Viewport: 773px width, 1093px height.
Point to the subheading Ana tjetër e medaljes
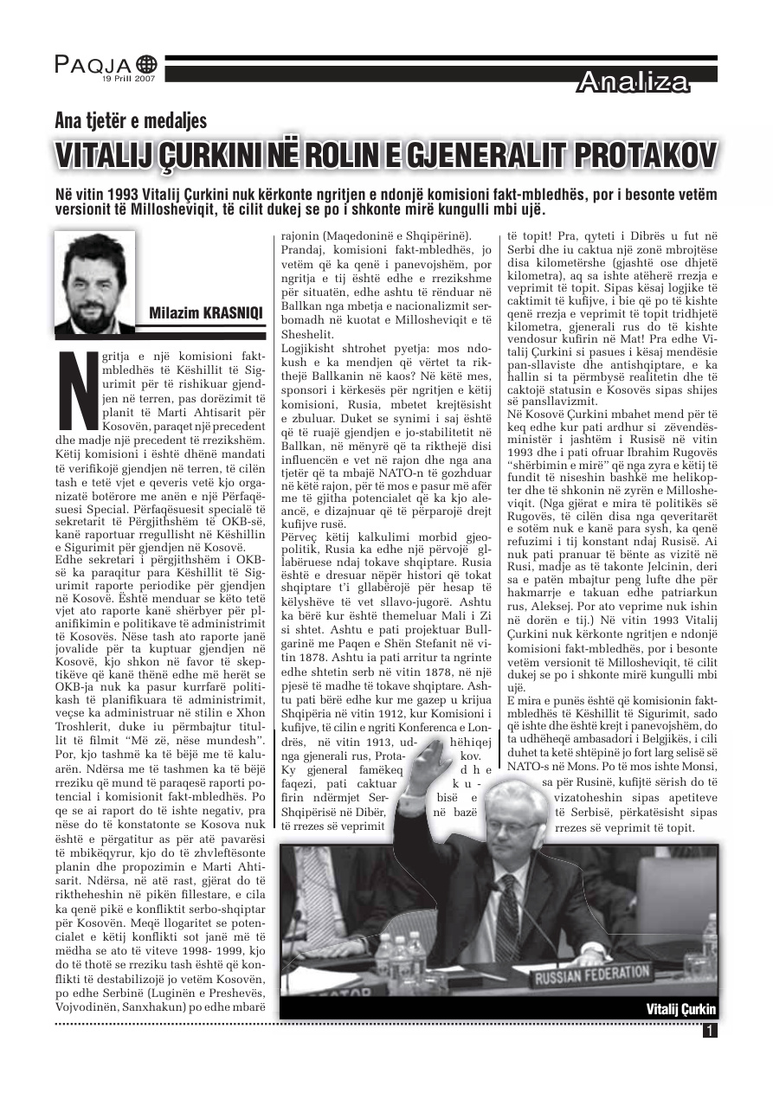pos(131,121)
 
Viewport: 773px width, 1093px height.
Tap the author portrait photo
pos(94,282)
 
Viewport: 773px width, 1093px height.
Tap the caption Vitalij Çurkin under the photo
pos(681,1009)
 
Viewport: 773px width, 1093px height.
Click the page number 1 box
pos(710,1031)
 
